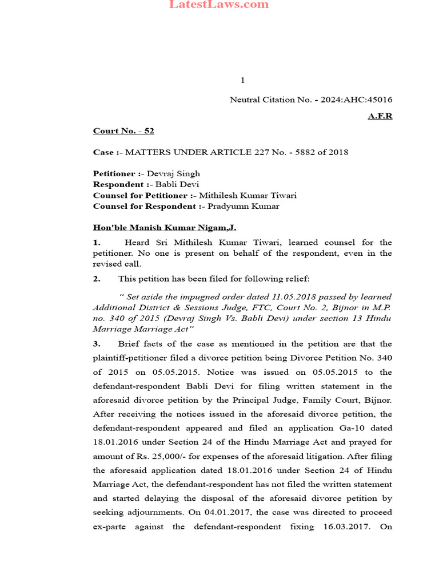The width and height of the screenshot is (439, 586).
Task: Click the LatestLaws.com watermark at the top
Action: [x=219, y=5]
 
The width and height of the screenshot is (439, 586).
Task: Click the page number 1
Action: [x=242, y=81]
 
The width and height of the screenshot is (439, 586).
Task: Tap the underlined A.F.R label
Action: [x=380, y=116]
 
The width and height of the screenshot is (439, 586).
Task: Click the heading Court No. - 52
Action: [x=123, y=131]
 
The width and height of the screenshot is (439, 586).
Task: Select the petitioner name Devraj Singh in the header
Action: [x=174, y=173]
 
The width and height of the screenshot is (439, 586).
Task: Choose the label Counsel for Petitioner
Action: [x=141, y=195]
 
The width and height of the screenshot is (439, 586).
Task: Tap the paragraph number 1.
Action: [x=97, y=243]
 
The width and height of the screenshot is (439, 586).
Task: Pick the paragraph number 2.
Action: [x=97, y=279]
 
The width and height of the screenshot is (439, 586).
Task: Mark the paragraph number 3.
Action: [x=97, y=344]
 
